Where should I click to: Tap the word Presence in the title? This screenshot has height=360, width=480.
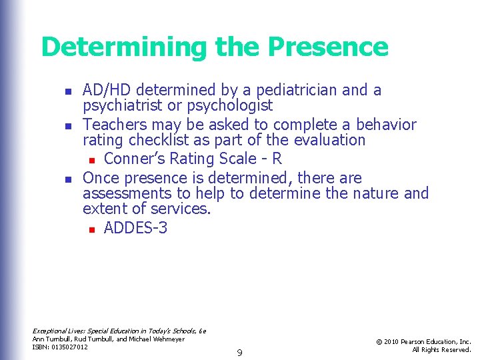pos(328,47)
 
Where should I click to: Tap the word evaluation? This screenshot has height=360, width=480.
pos(325,141)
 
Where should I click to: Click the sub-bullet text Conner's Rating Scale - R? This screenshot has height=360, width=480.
pos(193,159)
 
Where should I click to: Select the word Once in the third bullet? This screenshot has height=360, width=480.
pos(101,178)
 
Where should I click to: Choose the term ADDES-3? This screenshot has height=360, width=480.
pos(135,229)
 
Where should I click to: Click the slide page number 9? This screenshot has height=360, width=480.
pos(239,351)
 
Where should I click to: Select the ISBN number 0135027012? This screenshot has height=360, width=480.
pos(70,347)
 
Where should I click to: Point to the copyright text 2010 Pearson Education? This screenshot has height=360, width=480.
pos(424,341)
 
